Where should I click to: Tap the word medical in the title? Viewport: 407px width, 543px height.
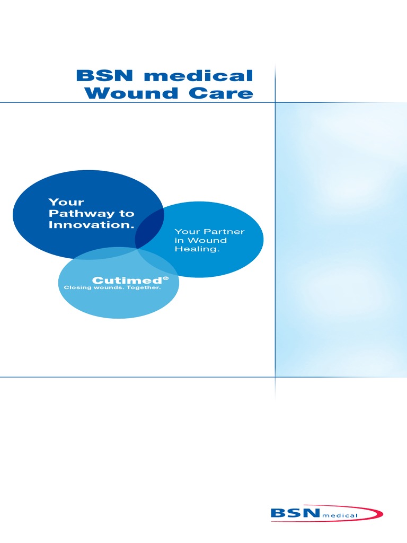[199, 75]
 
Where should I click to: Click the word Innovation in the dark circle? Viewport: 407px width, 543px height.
[90, 225]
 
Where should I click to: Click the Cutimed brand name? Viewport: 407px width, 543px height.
[127, 280]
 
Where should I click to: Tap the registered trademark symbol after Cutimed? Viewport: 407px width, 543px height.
[165, 277]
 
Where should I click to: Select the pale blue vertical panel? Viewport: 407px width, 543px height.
[341, 239]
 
